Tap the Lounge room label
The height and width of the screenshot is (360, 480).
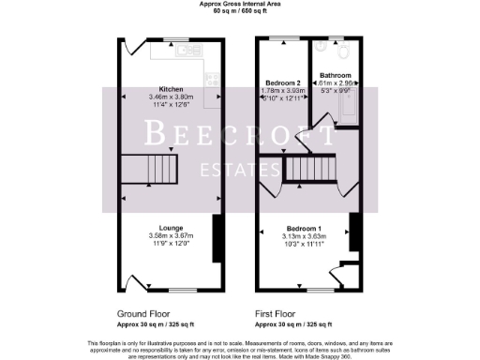170,228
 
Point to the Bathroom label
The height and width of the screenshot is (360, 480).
335,75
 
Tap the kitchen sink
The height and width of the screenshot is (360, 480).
187,47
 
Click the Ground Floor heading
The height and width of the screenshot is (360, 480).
143,313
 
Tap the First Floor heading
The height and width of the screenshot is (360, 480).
278,313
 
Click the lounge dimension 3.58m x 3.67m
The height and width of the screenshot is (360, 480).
170,235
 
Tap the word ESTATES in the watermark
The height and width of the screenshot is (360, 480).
241,170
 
